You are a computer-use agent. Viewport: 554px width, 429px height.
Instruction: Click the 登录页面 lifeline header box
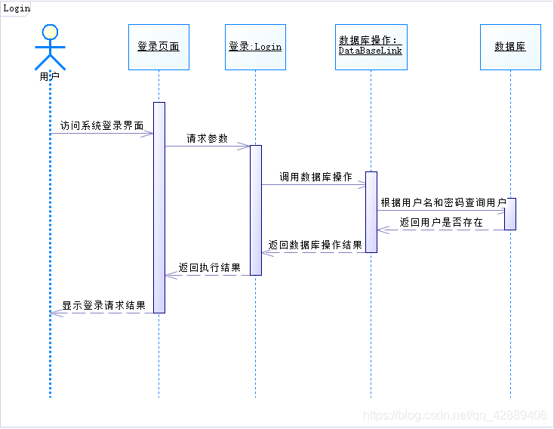coord(159,47)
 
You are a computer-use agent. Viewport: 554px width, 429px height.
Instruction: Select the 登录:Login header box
coord(255,47)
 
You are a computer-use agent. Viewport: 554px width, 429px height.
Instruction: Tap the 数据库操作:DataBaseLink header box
coord(371,47)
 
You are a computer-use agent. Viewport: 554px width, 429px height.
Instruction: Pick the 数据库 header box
coord(510,47)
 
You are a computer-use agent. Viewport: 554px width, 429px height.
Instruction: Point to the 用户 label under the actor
coord(50,76)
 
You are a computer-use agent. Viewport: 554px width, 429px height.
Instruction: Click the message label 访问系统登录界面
coord(102,125)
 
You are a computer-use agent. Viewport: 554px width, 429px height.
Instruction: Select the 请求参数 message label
coord(207,138)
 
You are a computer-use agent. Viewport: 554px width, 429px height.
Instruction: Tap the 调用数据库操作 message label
coord(315,177)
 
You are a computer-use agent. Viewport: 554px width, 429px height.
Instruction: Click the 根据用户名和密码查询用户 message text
coord(443,202)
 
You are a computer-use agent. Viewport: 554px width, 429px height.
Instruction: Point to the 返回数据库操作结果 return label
coord(315,245)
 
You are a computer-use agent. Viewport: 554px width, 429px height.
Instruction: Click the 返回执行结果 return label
coord(210,267)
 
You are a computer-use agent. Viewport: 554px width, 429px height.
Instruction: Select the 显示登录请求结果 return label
coord(103,306)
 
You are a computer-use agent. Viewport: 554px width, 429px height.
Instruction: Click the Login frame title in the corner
coord(17,8)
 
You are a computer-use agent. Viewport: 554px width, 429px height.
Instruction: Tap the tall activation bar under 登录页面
coord(159,207)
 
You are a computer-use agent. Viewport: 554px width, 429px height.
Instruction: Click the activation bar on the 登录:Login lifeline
coord(256,210)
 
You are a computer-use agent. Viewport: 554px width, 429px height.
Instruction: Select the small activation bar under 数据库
coord(510,214)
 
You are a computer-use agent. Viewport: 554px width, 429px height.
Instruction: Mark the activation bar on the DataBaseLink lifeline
coord(371,211)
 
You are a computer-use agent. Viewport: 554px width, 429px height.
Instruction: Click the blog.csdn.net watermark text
coord(454,415)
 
